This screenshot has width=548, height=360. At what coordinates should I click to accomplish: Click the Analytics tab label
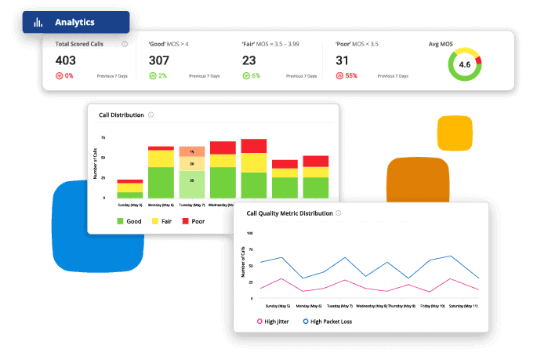point(74,23)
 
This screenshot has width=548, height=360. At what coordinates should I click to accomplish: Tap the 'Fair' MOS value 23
point(249,60)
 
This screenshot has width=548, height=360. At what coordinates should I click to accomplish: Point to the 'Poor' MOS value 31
point(343,60)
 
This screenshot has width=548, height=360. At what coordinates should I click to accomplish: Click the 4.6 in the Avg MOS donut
point(465,64)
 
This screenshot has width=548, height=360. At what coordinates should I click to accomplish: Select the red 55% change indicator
point(347,76)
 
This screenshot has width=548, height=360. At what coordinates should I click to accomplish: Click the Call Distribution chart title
point(122,115)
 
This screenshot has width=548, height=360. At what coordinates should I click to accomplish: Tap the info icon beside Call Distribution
point(151,115)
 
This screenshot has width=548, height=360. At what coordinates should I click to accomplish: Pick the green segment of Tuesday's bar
point(191,184)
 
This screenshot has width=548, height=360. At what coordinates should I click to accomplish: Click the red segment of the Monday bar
point(161,147)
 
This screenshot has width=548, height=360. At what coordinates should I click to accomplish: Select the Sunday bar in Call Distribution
point(130,188)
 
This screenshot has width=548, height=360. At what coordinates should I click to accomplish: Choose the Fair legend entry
point(161,221)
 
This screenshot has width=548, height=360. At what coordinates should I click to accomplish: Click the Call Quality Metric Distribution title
point(289,213)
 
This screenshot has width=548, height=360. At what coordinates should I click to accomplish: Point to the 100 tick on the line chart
point(250,233)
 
